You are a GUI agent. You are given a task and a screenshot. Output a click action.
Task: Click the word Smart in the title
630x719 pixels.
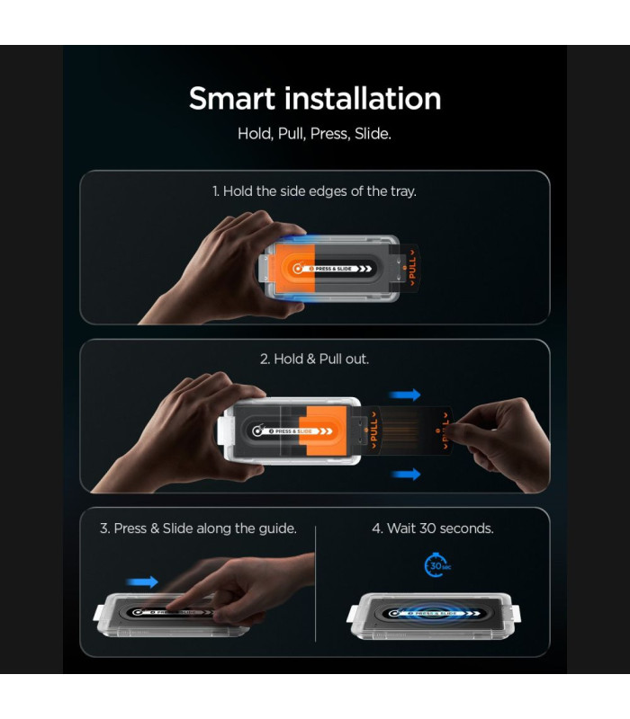click(x=231, y=99)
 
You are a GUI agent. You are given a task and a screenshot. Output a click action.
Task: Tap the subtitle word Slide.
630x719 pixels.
click(x=373, y=134)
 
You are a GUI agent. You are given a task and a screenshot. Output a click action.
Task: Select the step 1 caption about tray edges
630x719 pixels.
click(x=314, y=191)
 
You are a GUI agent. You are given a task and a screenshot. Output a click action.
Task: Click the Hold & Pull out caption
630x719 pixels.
click(x=314, y=359)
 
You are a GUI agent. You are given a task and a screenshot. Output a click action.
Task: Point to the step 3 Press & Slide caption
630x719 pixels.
click(x=198, y=528)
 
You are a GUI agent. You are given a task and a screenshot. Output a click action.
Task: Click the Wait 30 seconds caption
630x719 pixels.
click(x=433, y=528)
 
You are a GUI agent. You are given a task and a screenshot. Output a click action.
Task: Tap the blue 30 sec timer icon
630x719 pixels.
click(x=436, y=565)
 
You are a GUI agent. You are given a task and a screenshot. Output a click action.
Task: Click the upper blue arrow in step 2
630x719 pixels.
click(x=404, y=395)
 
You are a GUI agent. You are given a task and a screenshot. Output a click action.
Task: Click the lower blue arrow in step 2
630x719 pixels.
click(x=406, y=475)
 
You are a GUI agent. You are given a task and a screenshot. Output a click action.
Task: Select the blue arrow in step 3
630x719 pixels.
click(x=142, y=581)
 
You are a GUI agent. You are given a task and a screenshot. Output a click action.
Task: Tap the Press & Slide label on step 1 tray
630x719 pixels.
click(x=333, y=269)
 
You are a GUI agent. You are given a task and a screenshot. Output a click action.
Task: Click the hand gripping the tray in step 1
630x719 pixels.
click(x=229, y=268)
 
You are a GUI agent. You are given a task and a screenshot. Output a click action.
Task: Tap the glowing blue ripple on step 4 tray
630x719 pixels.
click(x=432, y=614)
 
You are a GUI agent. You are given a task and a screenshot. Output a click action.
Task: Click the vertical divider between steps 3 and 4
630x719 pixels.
click(x=316, y=583)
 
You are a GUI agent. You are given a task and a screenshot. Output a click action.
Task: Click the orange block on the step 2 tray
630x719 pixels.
click(x=322, y=431)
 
